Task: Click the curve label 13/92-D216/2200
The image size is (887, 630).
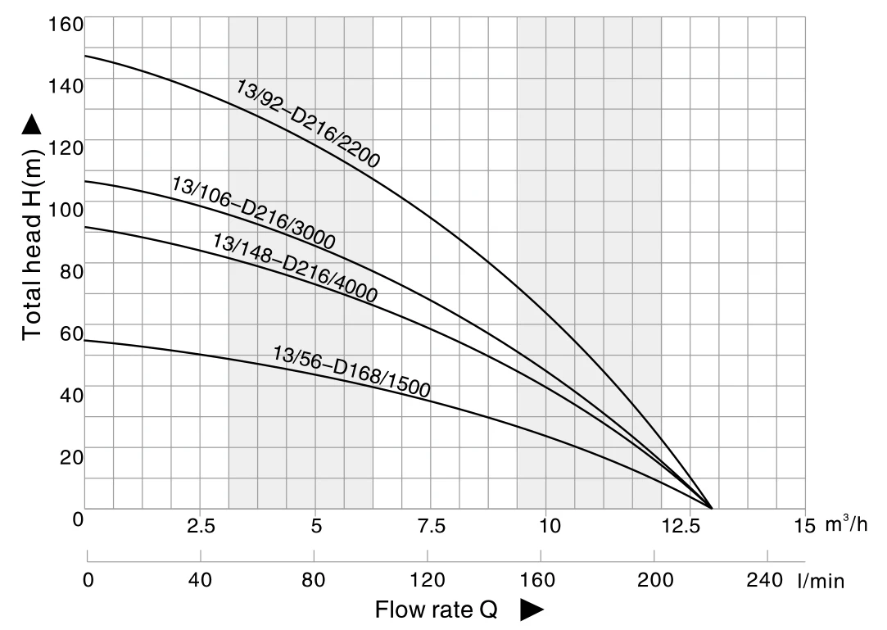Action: pyautogui.click(x=308, y=124)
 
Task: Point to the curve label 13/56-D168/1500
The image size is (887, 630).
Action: pyautogui.click(x=351, y=371)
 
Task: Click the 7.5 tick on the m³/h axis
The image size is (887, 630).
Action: pyautogui.click(x=432, y=526)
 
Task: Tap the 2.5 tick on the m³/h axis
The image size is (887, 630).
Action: pyautogui.click(x=201, y=526)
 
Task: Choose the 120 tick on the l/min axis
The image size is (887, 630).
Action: pyautogui.click(x=427, y=581)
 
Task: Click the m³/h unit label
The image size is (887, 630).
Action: pyautogui.click(x=845, y=525)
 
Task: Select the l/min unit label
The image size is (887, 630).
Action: pyautogui.click(x=821, y=582)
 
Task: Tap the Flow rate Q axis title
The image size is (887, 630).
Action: pyautogui.click(x=436, y=610)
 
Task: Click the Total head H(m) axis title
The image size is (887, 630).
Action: pyautogui.click(x=32, y=243)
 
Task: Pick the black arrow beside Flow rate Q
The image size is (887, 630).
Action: pyautogui.click(x=532, y=610)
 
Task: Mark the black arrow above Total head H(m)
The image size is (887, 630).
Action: pyautogui.click(x=31, y=125)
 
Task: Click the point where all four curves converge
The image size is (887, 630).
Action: pyautogui.click(x=711, y=508)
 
